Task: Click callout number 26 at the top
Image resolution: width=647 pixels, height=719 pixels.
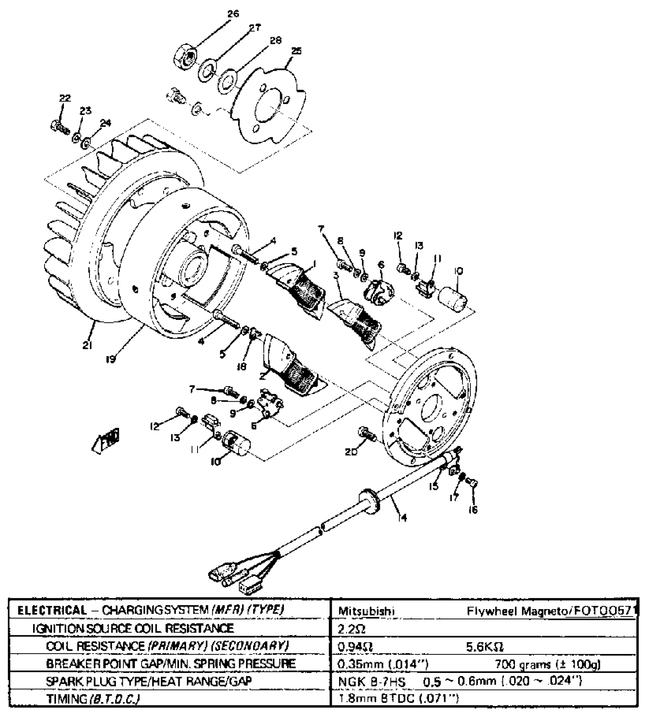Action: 233,14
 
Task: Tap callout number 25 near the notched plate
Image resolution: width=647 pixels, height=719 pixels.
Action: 296,51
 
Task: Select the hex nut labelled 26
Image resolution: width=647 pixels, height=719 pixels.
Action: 185,58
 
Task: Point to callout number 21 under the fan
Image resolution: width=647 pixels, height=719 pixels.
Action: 87,346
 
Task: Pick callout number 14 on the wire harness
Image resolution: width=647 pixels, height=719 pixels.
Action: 402,517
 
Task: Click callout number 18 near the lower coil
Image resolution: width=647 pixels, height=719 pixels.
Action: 241,366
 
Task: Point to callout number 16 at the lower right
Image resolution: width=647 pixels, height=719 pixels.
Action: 473,510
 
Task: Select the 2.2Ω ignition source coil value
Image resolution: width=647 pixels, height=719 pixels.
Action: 352,630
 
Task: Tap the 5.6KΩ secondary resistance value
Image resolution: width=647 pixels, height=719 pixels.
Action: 485,647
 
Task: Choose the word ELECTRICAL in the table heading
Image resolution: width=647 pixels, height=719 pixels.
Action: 53,611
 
